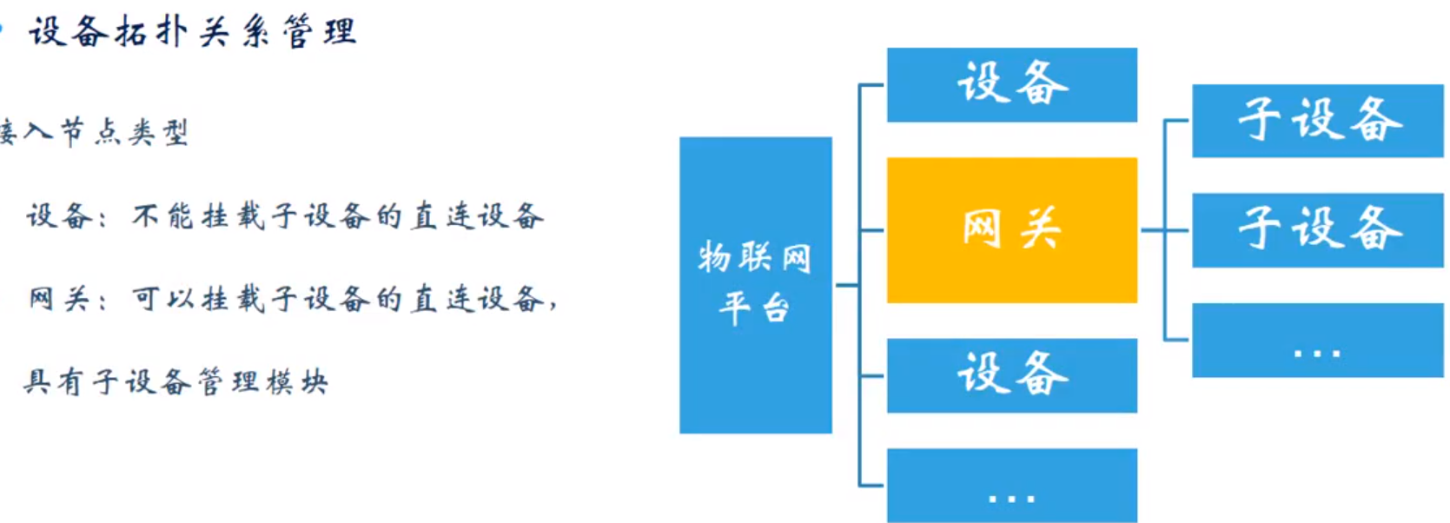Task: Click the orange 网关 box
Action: (1011, 230)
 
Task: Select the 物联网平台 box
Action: (755, 285)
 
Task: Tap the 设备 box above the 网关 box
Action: (1011, 84)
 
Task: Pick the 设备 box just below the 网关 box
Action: (1011, 375)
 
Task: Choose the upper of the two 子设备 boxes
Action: (1317, 121)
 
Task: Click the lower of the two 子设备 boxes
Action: (1317, 230)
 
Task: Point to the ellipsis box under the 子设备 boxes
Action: (1317, 341)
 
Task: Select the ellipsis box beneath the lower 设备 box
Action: (1011, 485)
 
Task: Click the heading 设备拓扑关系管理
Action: (192, 33)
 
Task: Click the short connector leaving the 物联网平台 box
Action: (845, 285)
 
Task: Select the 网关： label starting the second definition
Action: (66, 299)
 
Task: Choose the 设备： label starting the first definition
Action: (66, 215)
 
